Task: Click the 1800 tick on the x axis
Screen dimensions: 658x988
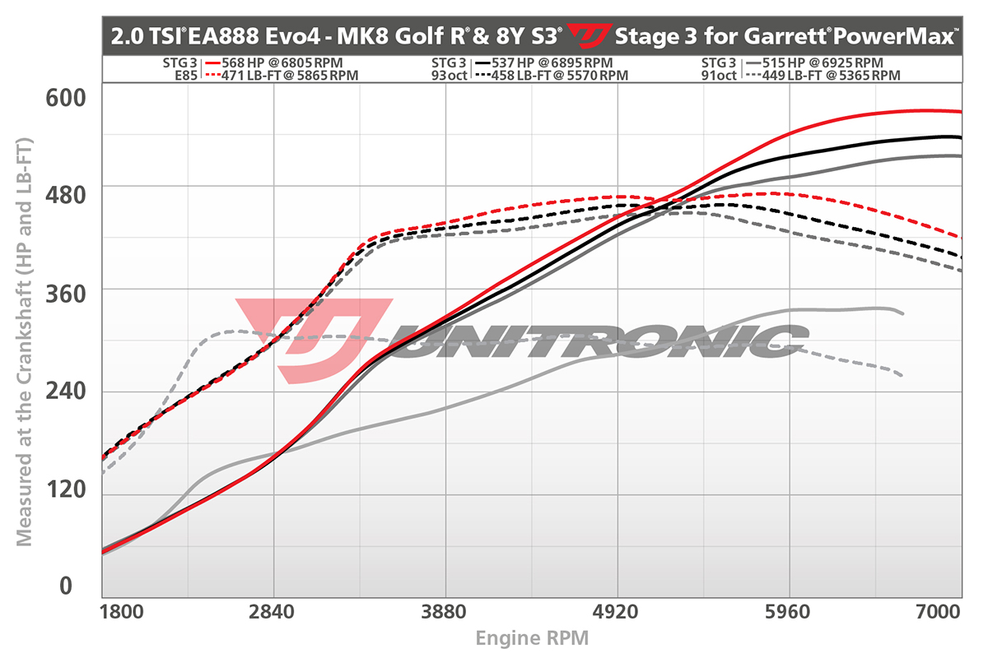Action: [x=120, y=614]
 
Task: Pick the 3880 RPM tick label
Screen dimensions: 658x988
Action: [x=445, y=614]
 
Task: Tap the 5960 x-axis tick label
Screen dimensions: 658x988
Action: [x=790, y=614]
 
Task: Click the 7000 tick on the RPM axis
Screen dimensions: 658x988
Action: [x=939, y=614]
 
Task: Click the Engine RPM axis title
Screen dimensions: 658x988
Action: [x=532, y=637]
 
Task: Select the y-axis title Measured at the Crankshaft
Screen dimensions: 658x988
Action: [x=25, y=342]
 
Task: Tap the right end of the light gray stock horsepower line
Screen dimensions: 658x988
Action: [x=903, y=313]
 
